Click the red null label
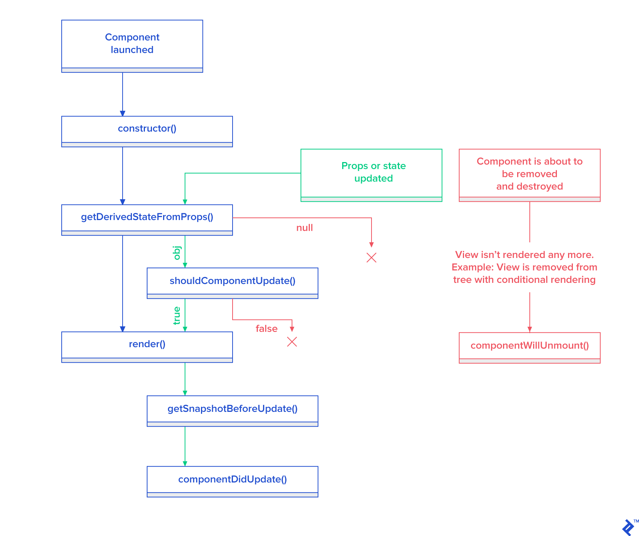[304, 228]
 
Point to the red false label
[266, 329]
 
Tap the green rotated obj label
[177, 253]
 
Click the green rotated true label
[177, 315]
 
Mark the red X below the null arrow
[371, 258]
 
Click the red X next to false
[292, 342]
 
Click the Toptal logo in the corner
[628, 527]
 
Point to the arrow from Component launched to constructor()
[123, 94]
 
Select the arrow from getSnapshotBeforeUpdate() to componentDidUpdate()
[185, 446]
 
